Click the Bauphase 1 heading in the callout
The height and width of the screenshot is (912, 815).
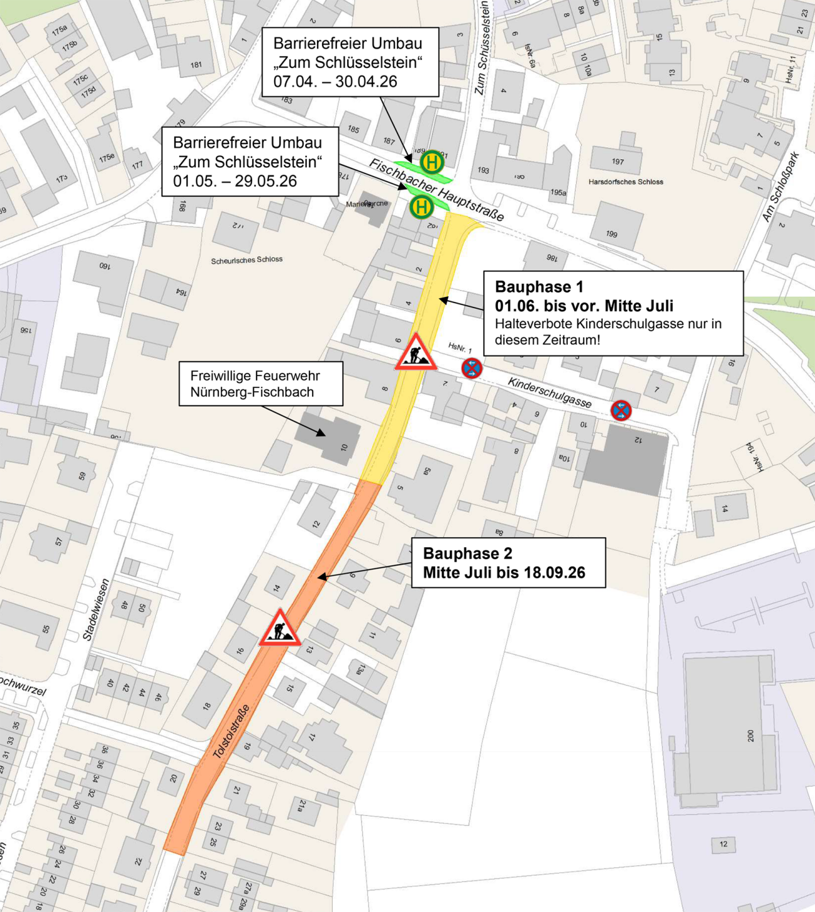pyautogui.click(x=539, y=287)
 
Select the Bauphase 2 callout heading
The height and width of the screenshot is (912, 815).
pyautogui.click(x=467, y=553)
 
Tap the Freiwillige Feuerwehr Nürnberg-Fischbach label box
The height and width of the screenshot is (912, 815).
pyautogui.click(x=261, y=384)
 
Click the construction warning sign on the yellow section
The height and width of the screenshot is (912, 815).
pyautogui.click(x=416, y=352)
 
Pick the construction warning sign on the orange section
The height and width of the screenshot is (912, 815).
pyautogui.click(x=280, y=628)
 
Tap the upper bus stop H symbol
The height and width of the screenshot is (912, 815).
pyautogui.click(x=432, y=162)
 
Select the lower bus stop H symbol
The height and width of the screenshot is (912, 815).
pyautogui.click(x=421, y=206)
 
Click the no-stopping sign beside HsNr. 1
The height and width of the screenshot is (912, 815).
pyautogui.click(x=472, y=368)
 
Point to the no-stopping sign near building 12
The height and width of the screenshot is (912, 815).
pyautogui.click(x=621, y=411)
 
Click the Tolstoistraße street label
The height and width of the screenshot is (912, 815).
pyautogui.click(x=231, y=731)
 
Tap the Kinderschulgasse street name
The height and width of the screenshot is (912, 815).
pyautogui.click(x=550, y=392)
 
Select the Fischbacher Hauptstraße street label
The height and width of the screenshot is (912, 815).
pyautogui.click(x=436, y=189)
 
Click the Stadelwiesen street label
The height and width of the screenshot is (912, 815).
pyautogui.click(x=96, y=609)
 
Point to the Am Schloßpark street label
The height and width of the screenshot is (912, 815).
pyautogui.click(x=780, y=186)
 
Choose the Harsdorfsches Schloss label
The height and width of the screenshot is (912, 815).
pyautogui.click(x=626, y=182)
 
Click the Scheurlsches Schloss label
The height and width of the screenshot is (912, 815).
pyautogui.click(x=247, y=260)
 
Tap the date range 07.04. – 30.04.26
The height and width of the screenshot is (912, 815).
pyautogui.click(x=335, y=81)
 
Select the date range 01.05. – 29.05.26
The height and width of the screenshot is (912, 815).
pyautogui.click(x=235, y=181)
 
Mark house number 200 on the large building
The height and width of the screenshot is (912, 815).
pyautogui.click(x=750, y=735)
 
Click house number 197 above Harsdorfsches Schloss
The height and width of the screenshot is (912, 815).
pyautogui.click(x=618, y=162)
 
